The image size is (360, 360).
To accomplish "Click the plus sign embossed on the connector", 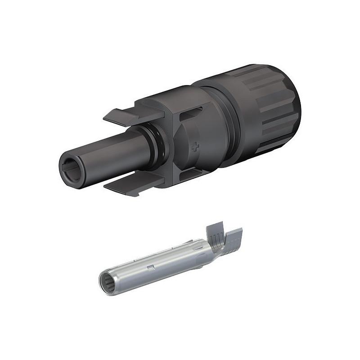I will pos(195,147).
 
